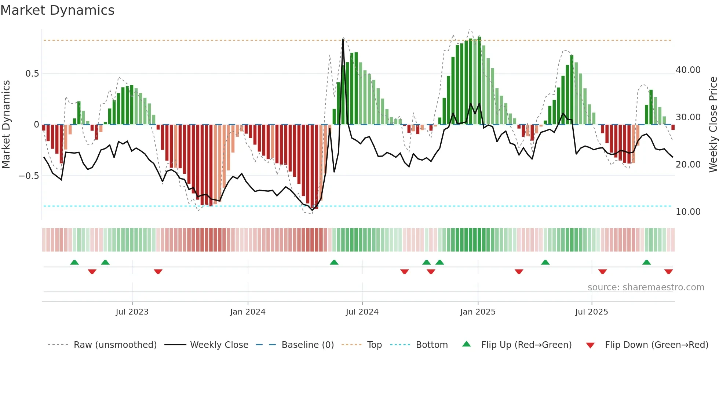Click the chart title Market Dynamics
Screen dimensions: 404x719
pyautogui.click(x=57, y=10)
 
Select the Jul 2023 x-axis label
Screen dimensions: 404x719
pyautogui.click(x=132, y=312)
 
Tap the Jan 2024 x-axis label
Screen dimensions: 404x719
pyautogui.click(x=248, y=312)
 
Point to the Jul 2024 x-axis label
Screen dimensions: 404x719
pyautogui.click(x=362, y=312)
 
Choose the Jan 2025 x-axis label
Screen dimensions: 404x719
pyautogui.click(x=478, y=312)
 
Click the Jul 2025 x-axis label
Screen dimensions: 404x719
pyautogui.click(x=591, y=312)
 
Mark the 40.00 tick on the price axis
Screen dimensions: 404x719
pyautogui.click(x=688, y=70)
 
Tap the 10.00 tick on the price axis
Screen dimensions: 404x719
pyautogui.click(x=688, y=212)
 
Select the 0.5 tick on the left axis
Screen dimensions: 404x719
pyautogui.click(x=32, y=73)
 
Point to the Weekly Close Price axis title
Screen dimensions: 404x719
pyautogui.click(x=713, y=124)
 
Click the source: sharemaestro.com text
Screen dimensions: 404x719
pyautogui.click(x=646, y=287)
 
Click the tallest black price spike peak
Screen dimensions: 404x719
pyautogui.click(x=343, y=39)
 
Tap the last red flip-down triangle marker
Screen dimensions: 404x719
pyautogui.click(x=668, y=272)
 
